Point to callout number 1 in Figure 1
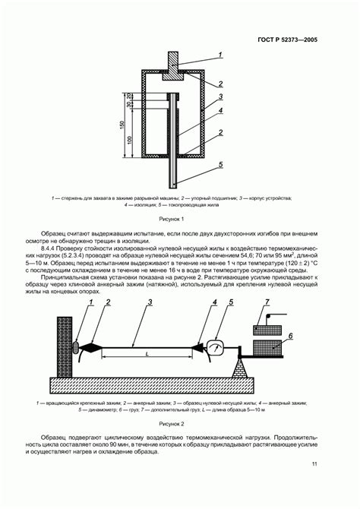pyautogui.click(x=219, y=54)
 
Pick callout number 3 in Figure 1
pyautogui.click(x=219, y=97)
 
